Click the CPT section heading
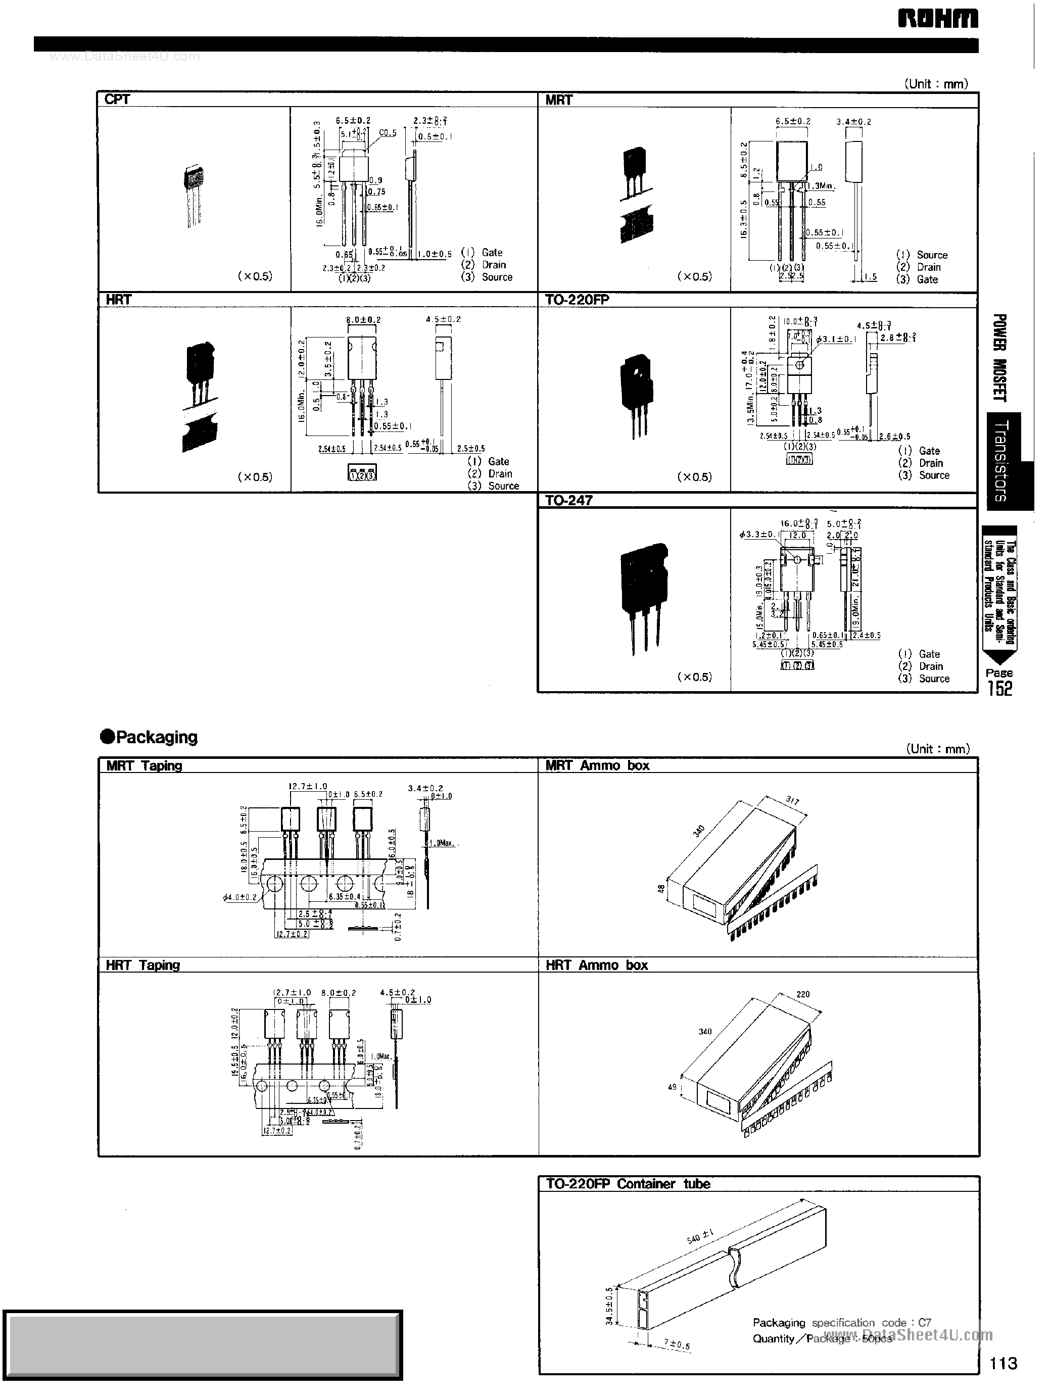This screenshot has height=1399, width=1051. click(x=117, y=100)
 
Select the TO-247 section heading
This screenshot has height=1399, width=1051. click(x=568, y=500)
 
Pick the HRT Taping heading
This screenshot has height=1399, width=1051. click(x=143, y=965)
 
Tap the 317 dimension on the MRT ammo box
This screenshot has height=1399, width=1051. click(x=792, y=800)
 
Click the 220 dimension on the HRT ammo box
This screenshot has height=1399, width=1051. click(x=802, y=994)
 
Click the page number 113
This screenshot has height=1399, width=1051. click(x=1004, y=1363)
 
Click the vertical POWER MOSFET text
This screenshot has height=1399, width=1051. click(x=998, y=357)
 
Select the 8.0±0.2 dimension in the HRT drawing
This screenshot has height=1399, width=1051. click(x=363, y=319)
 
